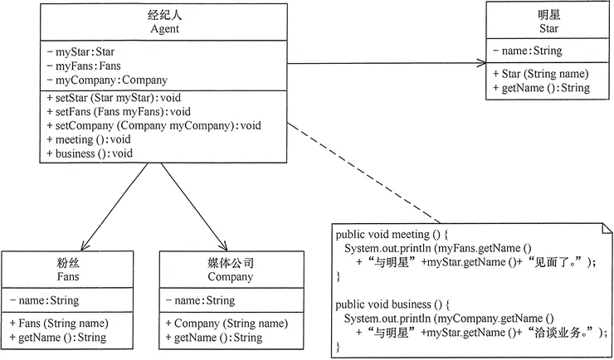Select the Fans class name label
click(56, 277)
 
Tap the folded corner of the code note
click(604, 226)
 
